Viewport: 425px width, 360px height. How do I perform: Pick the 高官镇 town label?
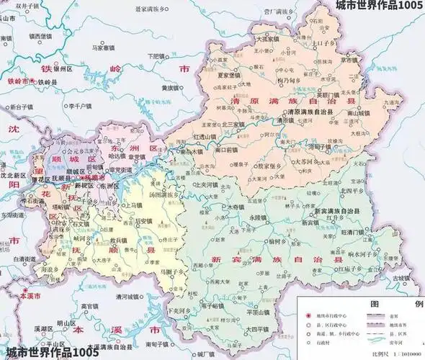click(90, 305)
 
